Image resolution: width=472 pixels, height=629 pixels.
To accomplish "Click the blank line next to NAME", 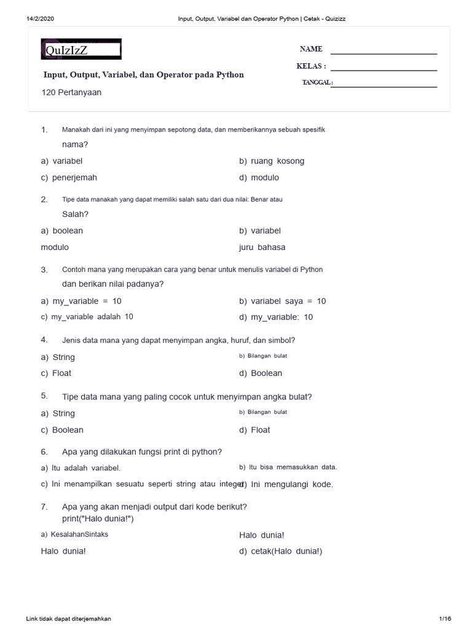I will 383,53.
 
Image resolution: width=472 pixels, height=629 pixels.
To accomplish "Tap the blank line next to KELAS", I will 383,70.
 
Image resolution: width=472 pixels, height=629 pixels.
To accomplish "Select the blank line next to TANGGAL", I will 383,86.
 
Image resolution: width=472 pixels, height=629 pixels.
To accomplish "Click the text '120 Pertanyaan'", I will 71,93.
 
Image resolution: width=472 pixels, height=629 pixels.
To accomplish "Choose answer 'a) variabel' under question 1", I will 61,161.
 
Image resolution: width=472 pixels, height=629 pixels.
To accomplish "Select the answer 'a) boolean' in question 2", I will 61,231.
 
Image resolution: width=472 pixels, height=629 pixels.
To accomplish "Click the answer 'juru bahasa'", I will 262,248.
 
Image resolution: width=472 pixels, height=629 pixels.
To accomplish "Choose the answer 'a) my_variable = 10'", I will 81,301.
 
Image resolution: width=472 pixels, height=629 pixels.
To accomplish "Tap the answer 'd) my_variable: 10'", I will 276,317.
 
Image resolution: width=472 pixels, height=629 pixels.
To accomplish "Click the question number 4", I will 44,340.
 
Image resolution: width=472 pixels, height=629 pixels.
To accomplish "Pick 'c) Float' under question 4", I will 56,373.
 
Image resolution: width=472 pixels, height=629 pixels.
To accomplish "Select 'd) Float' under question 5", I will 254,430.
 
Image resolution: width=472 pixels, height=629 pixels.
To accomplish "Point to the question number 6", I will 44,452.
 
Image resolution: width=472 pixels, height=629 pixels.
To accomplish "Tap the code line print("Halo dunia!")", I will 98,518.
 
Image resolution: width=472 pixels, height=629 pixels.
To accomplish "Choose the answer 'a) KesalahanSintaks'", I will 74,534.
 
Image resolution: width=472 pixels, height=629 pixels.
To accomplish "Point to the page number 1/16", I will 445,619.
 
